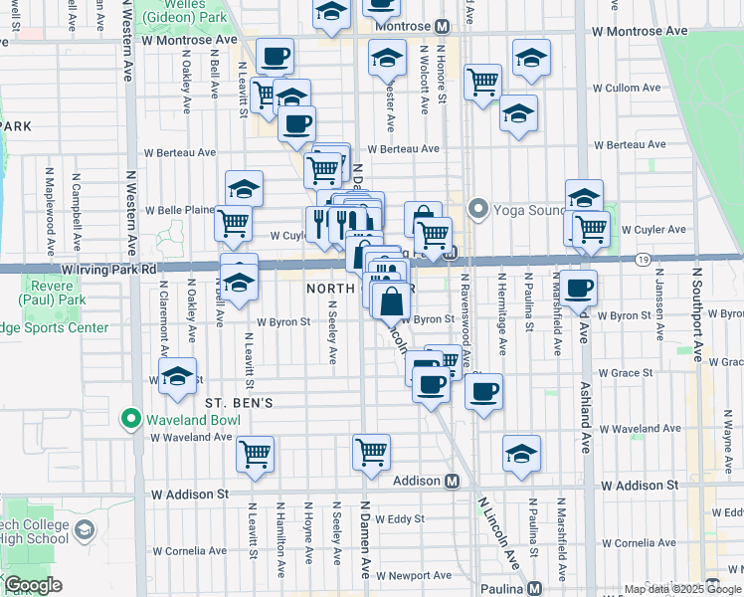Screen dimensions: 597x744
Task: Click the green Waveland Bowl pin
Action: point(130,420)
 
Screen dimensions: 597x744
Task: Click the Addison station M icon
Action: point(452,482)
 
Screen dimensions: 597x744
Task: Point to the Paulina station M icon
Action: point(535,588)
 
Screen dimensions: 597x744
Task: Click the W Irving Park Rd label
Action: point(108,270)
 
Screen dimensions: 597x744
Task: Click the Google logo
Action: point(34,585)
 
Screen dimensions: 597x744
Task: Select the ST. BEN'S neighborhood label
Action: point(239,403)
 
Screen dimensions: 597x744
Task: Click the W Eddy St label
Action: point(395,518)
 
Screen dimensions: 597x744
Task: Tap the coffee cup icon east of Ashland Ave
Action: point(579,290)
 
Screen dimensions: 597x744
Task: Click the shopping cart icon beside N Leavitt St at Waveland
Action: point(256,454)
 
